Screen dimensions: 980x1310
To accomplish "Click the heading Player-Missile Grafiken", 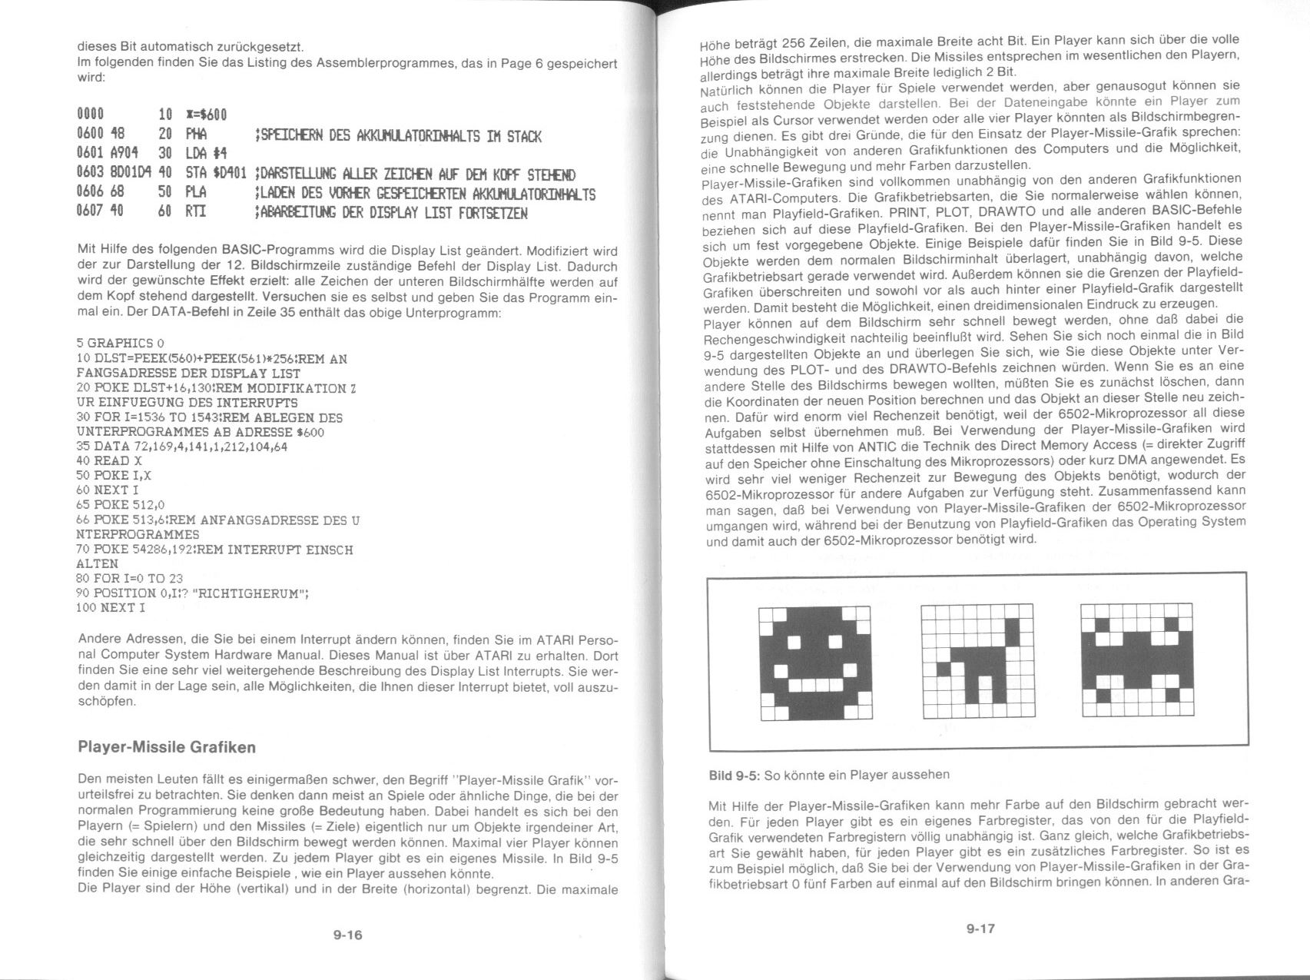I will pyautogui.click(x=167, y=747).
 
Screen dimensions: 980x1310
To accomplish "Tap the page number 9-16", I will pyautogui.click(x=347, y=935).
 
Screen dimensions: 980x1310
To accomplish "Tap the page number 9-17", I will pyautogui.click(x=980, y=929).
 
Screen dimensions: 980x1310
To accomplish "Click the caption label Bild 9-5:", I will pyautogui.click(x=734, y=776).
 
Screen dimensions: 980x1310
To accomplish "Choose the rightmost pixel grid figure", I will pyautogui.click(x=1136, y=660).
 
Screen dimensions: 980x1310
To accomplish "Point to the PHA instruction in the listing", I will pyautogui.click(x=196, y=136).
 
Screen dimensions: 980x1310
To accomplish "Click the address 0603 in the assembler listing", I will pyautogui.click(x=91, y=174).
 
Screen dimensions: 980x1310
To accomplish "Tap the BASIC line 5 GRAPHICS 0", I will pyautogui.click(x=121, y=343).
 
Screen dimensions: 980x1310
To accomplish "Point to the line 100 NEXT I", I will pyautogui.click(x=111, y=608).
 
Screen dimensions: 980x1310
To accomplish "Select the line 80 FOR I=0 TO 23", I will pyautogui.click(x=130, y=579).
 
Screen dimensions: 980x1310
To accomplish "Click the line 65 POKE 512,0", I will pyautogui.click(x=121, y=505).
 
